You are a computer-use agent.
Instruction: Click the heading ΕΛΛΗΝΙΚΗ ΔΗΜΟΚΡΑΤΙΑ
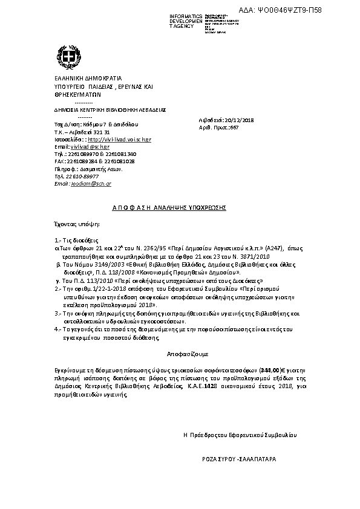click(79, 79)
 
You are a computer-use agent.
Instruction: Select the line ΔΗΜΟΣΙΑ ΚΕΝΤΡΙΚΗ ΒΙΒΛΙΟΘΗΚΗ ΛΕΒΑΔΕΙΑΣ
click(102, 111)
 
